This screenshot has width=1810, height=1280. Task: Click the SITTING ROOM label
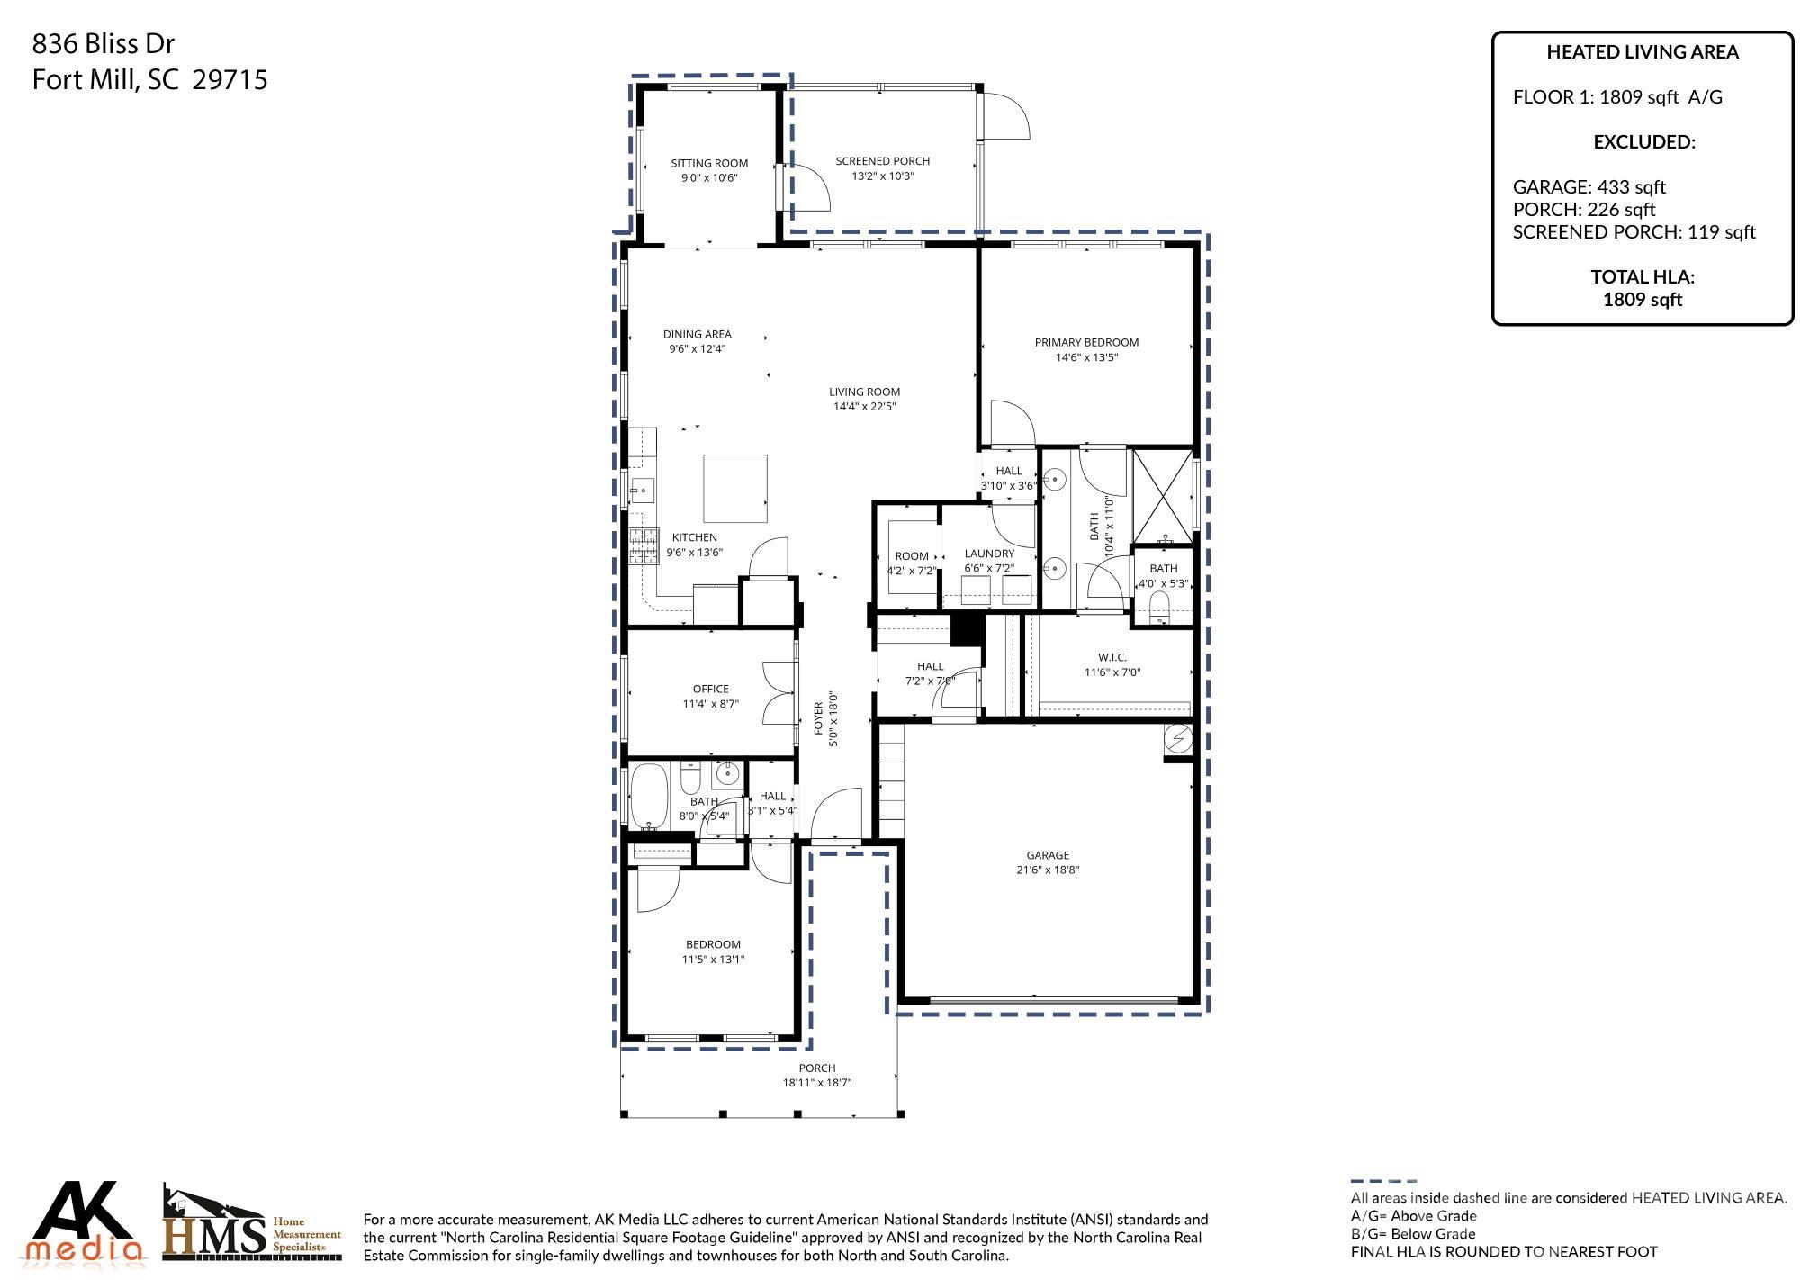pyautogui.click(x=709, y=163)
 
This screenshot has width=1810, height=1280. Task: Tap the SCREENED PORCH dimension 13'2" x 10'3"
pyautogui.click(x=882, y=176)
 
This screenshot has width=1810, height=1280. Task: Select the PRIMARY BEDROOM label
pyautogui.click(x=1086, y=342)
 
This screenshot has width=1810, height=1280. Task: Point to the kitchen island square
pyautogui.click(x=735, y=488)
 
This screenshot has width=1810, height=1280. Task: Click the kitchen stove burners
pyautogui.click(x=644, y=546)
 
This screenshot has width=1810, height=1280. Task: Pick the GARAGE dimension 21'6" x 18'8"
pyautogui.click(x=1048, y=870)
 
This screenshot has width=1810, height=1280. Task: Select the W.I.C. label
pyautogui.click(x=1112, y=657)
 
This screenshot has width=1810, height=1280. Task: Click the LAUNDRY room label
pyautogui.click(x=989, y=554)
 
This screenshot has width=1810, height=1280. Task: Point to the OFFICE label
pyautogui.click(x=710, y=689)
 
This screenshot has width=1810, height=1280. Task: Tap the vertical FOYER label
pyautogui.click(x=819, y=718)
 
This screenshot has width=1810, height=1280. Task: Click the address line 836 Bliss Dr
pyautogui.click(x=104, y=43)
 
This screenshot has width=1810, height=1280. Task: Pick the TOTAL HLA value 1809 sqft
pyautogui.click(x=1642, y=300)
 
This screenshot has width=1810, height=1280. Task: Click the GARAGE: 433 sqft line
pyautogui.click(x=1589, y=187)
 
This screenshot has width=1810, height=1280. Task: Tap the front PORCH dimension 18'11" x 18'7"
pyautogui.click(x=816, y=1083)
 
